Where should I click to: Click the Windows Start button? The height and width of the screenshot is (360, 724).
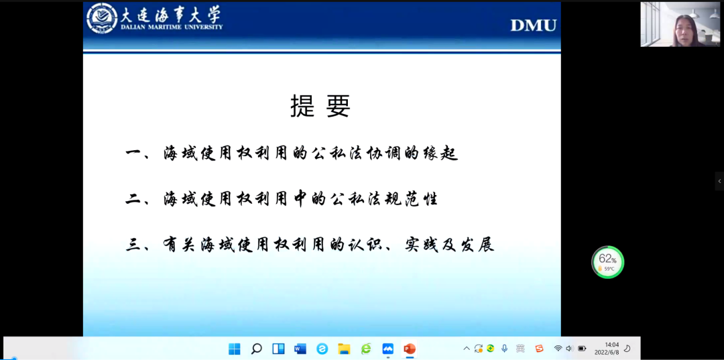click(x=235, y=349)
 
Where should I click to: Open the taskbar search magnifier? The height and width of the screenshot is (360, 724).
click(x=256, y=349)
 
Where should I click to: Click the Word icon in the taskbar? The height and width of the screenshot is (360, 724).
click(x=300, y=349)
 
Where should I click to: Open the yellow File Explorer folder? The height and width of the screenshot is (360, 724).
click(x=344, y=349)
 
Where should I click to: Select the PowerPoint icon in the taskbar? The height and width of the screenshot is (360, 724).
click(x=410, y=349)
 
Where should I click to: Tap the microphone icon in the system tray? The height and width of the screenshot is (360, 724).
click(x=505, y=349)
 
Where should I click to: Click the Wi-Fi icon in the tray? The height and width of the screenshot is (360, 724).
click(x=558, y=349)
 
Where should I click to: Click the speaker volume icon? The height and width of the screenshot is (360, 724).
click(x=569, y=349)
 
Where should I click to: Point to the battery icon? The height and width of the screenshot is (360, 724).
click(x=582, y=349)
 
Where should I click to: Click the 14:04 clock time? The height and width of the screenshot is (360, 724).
click(x=612, y=345)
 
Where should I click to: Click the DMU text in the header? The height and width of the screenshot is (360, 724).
click(x=534, y=25)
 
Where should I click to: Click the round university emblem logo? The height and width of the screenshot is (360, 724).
click(x=102, y=18)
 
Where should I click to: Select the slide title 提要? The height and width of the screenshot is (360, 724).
click(x=320, y=106)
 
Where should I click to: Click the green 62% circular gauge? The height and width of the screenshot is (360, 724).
click(x=607, y=262)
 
